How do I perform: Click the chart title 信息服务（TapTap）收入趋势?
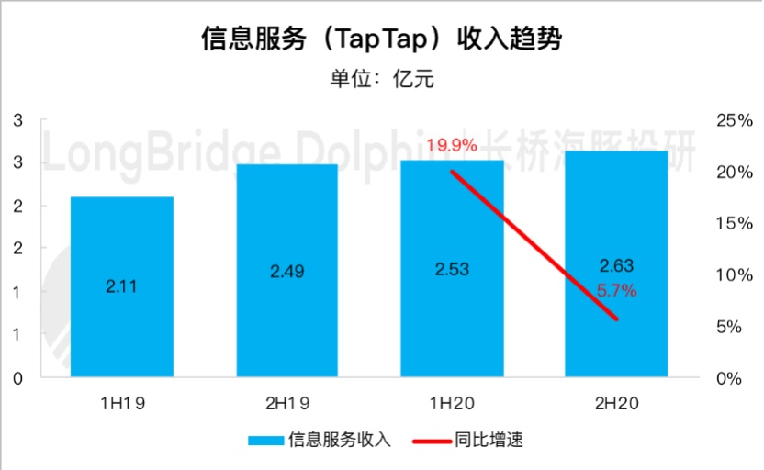click(x=381, y=39)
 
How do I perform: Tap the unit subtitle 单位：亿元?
click(x=381, y=79)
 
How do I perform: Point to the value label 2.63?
click(x=616, y=266)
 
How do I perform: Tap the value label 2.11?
click(x=122, y=285)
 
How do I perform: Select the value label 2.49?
click(x=287, y=272)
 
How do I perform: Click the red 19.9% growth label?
click(x=452, y=145)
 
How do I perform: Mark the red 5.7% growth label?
click(x=616, y=290)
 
